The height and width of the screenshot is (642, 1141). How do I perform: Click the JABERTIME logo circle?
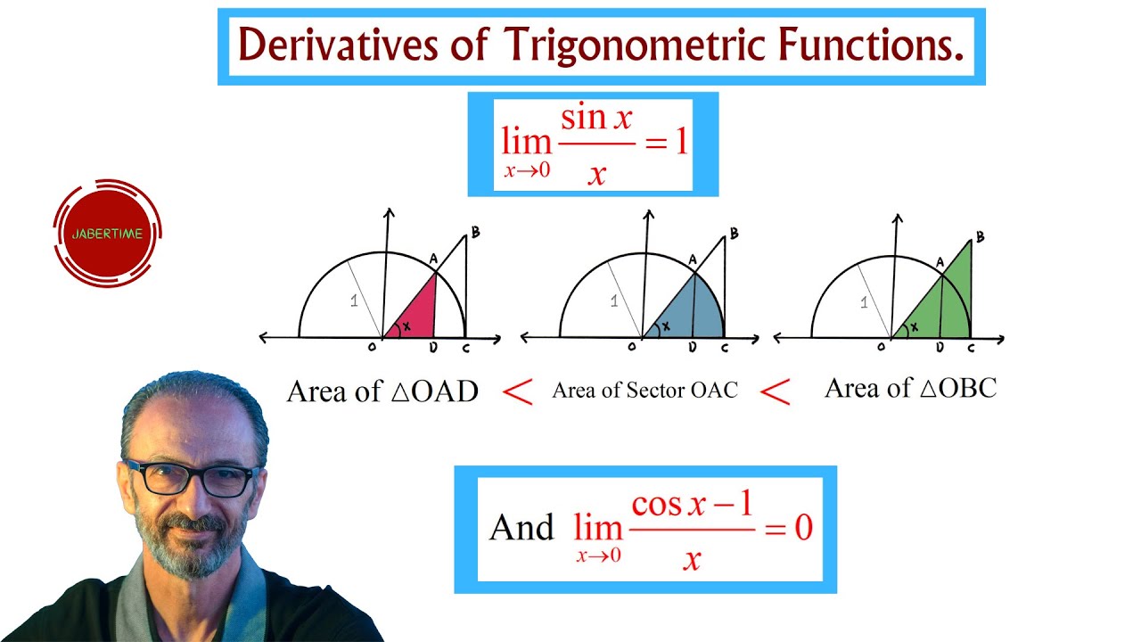coord(107,234)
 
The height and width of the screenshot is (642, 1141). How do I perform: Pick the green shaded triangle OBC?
coord(945,303)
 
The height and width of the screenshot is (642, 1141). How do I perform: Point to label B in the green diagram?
coord(980,237)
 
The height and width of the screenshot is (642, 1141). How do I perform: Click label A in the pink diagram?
coord(433,259)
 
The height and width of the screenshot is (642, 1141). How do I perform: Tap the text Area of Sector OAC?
coord(644,391)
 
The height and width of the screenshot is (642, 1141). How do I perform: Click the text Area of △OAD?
coord(382,391)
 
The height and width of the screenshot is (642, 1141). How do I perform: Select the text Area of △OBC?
coord(910,388)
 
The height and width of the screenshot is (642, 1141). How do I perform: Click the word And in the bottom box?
coord(521,528)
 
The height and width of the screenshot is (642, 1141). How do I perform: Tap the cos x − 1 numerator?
coord(693,505)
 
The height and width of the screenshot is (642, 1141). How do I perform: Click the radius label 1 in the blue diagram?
coord(613,301)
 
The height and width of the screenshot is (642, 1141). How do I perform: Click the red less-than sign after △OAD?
coord(517,392)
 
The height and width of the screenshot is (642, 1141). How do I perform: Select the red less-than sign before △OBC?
coord(776,392)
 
